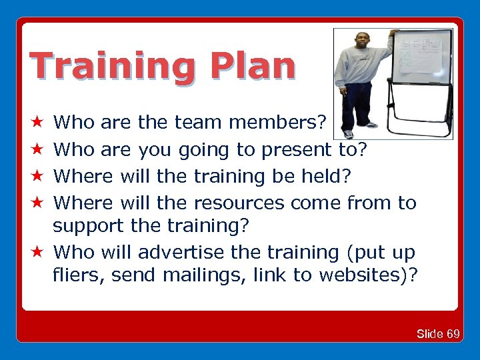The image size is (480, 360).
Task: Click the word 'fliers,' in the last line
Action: click(80, 275)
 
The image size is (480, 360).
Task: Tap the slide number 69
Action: click(452, 333)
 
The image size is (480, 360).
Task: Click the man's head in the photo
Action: click(362, 41)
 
